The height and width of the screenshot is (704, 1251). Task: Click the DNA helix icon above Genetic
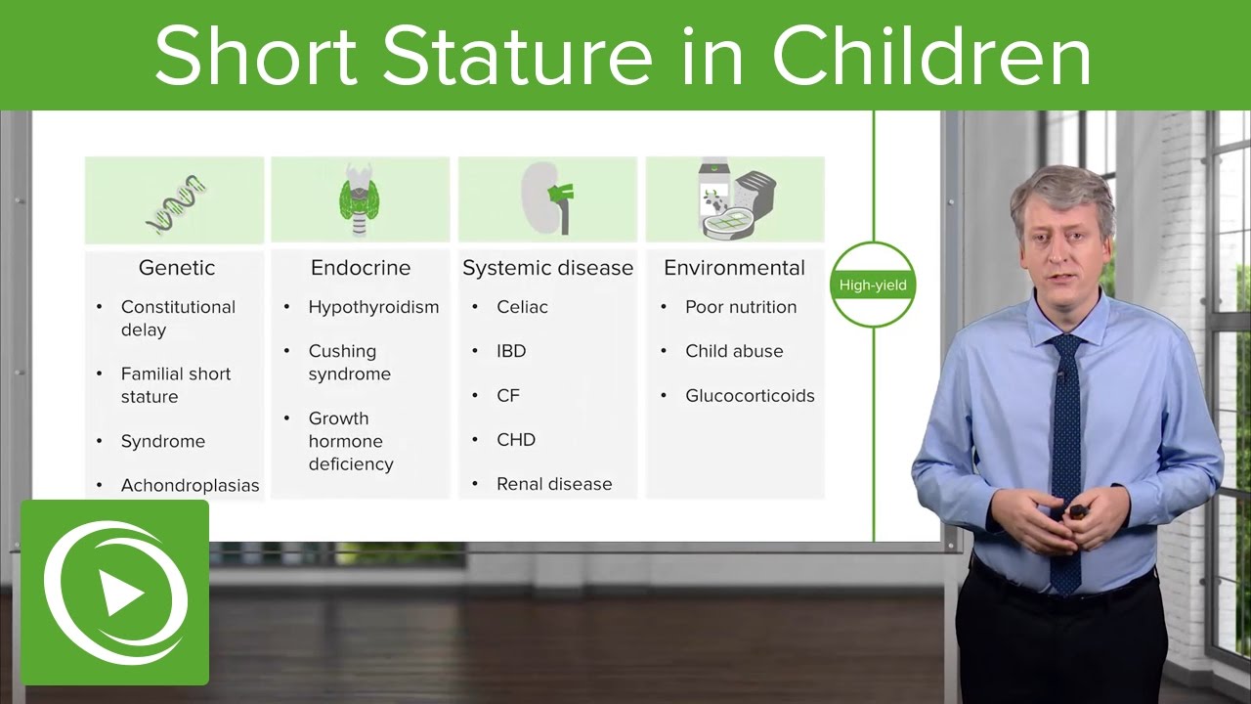click(177, 203)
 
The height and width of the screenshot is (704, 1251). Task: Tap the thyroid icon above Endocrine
click(362, 201)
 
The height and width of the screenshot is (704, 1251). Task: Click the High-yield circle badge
click(873, 286)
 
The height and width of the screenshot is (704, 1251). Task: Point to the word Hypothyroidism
click(373, 307)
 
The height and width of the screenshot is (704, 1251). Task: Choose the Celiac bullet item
click(522, 307)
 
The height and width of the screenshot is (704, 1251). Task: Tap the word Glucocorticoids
click(750, 396)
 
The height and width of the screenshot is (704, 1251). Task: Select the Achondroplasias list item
click(190, 485)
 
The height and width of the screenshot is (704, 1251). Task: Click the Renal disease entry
click(554, 484)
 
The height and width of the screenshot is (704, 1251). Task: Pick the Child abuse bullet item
click(734, 351)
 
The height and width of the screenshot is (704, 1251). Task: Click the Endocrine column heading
click(361, 268)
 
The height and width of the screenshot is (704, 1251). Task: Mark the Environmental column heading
click(734, 268)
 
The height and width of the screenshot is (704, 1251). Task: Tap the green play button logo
click(115, 591)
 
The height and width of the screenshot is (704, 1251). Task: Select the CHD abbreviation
click(516, 440)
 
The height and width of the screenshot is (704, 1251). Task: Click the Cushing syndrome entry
click(349, 362)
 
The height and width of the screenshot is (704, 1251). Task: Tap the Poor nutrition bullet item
click(741, 307)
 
